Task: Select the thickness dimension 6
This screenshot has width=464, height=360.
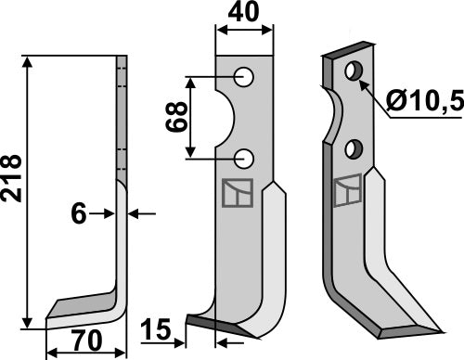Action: (x=78, y=214)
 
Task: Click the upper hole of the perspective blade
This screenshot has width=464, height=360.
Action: (x=353, y=71)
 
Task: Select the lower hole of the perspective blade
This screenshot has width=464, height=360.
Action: (x=354, y=148)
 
